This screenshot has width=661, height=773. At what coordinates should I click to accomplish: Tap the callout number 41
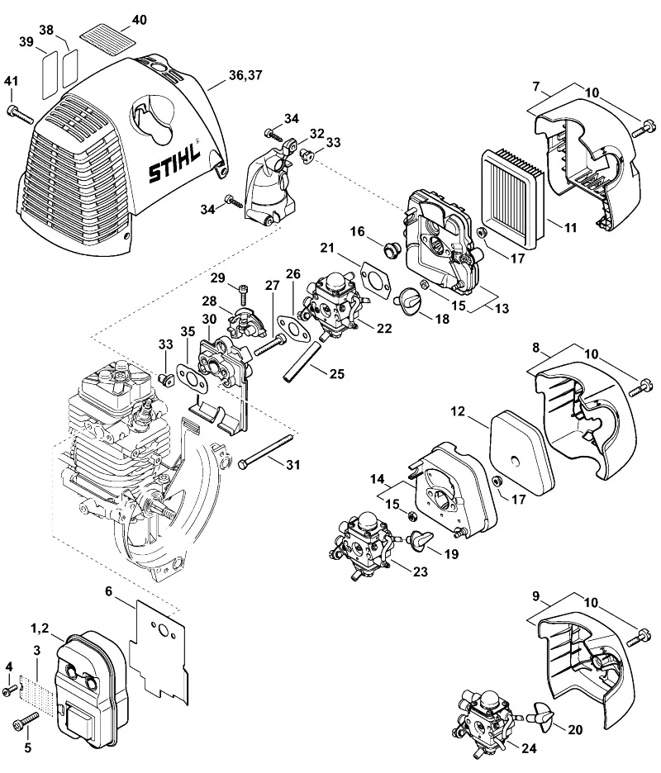coord(11,81)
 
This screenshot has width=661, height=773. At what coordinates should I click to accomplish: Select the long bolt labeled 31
coord(266,451)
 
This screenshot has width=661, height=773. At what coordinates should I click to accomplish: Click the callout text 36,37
coord(245,75)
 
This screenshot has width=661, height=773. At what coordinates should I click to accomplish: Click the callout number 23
coord(421,571)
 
